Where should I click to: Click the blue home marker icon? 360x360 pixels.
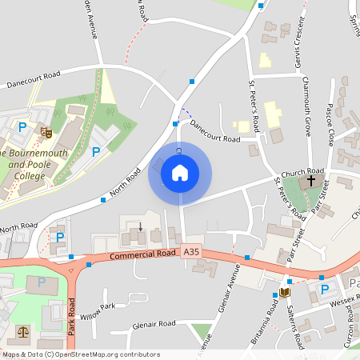(180, 173)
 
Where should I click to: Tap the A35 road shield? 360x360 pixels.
(191, 252)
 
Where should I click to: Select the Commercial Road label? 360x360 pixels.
(142, 254)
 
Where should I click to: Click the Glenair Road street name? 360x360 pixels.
(155, 324)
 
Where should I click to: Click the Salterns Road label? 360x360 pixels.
(298, 328)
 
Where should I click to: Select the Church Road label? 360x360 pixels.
(303, 171)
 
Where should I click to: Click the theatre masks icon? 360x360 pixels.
(46, 130)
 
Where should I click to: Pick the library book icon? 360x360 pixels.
(283, 293)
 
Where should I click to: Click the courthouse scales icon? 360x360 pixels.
(22, 330)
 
